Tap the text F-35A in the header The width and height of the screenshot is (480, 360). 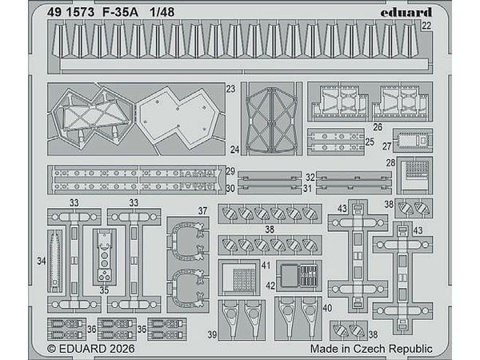point(118,11)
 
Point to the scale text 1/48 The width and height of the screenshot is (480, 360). point(162,11)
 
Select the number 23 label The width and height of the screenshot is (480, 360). point(230,90)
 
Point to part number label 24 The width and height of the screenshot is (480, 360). point(234,150)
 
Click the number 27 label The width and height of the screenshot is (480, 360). point(386,146)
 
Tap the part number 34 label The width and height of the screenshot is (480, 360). point(42,261)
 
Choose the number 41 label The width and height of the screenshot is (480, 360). point(265,264)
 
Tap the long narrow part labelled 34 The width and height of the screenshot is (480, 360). point(54,260)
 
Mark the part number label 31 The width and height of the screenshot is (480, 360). point(307,189)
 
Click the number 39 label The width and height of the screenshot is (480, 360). point(212,334)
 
